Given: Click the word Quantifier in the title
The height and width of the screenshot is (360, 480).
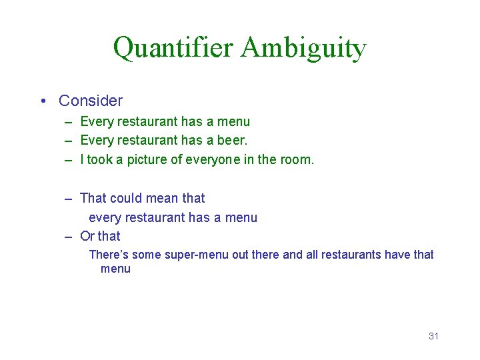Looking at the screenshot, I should point(173,48).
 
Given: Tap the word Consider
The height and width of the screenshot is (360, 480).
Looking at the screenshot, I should point(91,101).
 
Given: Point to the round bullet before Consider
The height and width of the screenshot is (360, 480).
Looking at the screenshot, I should point(43,101).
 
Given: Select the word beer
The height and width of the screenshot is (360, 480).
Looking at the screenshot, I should point(231,141).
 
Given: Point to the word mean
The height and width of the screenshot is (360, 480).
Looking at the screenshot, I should point(162,198).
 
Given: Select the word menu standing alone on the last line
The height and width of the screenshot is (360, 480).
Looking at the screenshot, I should point(115,269).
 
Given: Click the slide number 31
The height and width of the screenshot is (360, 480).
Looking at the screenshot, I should point(433,336).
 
